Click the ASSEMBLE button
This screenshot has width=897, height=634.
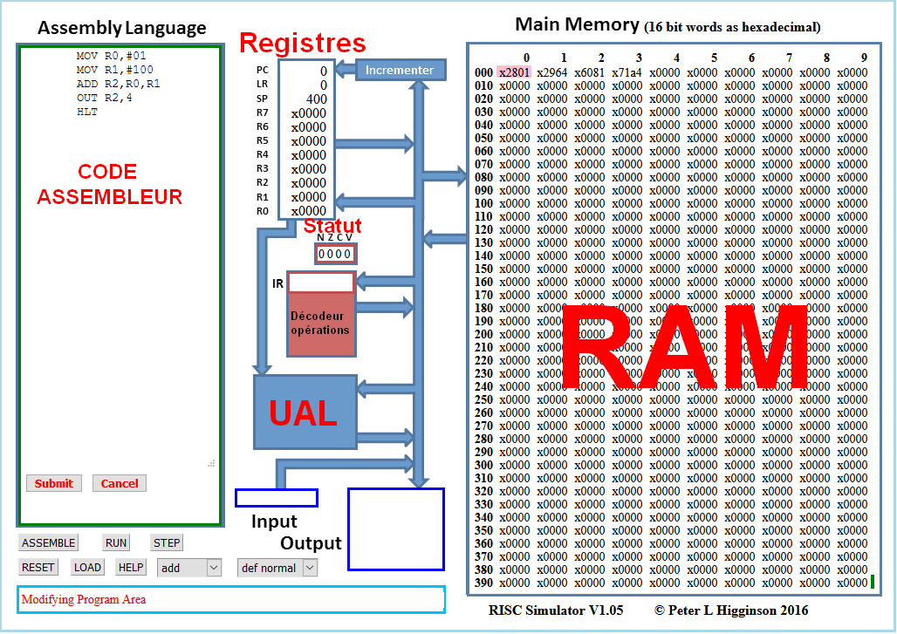(48, 542)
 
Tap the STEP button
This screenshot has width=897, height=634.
(167, 542)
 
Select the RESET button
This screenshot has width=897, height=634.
(38, 568)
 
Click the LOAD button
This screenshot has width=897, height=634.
(87, 568)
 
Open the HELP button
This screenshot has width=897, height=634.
(131, 568)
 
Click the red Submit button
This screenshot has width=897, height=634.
(54, 483)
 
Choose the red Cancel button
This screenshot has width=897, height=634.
(120, 483)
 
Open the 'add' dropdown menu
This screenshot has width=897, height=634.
(189, 568)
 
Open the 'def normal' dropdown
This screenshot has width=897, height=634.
(277, 568)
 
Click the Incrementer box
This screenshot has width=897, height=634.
(401, 70)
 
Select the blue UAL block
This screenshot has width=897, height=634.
(305, 412)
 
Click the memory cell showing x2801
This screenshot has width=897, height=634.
(514, 72)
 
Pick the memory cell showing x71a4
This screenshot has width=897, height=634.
(627, 72)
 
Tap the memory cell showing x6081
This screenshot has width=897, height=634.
(590, 72)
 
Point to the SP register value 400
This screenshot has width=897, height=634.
(316, 99)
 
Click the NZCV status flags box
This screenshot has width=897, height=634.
(335, 254)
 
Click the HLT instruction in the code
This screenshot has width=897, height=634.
(86, 112)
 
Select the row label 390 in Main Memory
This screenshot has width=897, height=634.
(483, 583)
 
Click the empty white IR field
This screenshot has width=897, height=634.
(321, 283)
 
